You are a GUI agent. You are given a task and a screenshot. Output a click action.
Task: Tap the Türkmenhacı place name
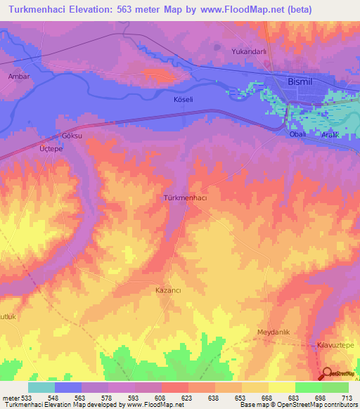(x=185, y=198)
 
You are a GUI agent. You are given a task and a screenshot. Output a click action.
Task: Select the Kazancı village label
(x=169, y=290)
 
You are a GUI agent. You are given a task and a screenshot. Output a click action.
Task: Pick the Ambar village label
(x=18, y=75)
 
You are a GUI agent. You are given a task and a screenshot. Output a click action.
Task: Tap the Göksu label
(x=72, y=134)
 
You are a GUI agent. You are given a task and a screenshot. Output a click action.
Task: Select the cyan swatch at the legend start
(x=41, y=387)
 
